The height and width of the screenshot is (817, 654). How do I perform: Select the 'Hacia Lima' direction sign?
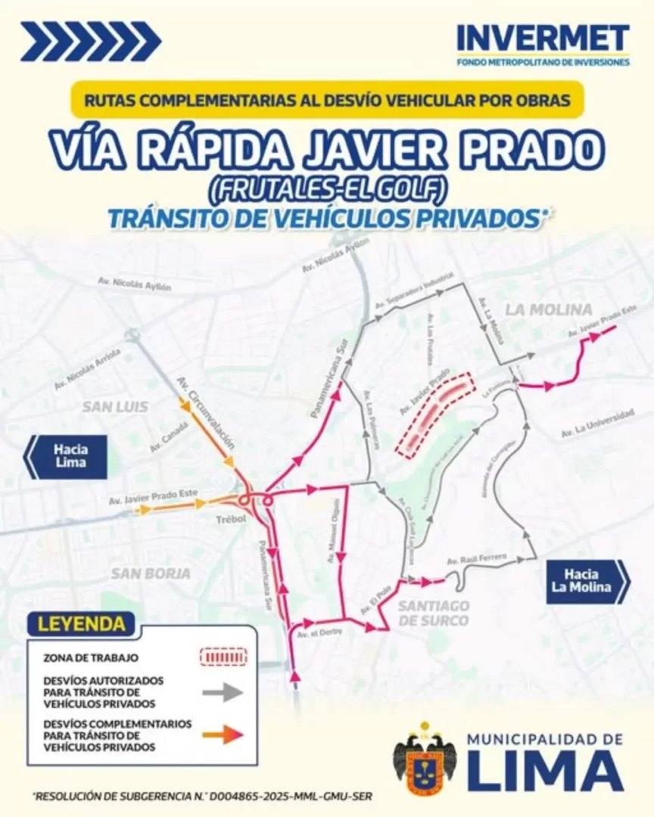click(x=69, y=456)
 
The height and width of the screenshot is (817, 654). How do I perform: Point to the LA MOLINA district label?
click(x=549, y=309)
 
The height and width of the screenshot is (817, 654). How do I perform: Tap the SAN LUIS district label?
click(x=115, y=406)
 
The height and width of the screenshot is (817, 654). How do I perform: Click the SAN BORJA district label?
click(x=151, y=573)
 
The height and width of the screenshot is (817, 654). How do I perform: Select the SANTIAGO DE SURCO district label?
click(x=434, y=614)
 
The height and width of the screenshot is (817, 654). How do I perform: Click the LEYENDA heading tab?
click(x=82, y=624)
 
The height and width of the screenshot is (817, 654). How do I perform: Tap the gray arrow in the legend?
click(x=222, y=691)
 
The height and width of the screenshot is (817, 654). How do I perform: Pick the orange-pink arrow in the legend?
click(x=222, y=733)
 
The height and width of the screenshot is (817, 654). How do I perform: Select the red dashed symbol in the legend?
click(x=223, y=656)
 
